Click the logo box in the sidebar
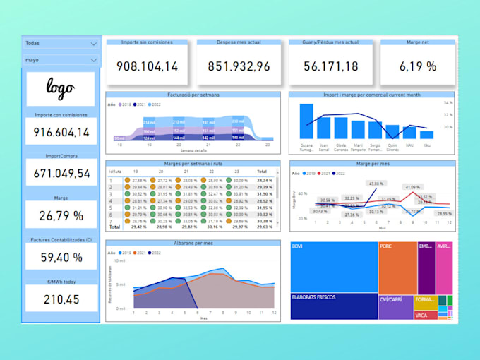pos(60,88)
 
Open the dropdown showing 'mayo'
pos(61,61)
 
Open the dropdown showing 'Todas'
pos(61,44)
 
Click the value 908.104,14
pos(148,66)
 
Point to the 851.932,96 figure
pos(239,66)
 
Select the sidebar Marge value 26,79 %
pos(60,215)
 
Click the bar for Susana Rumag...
pos(306,121)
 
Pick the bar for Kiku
pos(426,135)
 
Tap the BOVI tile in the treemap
pos(333,267)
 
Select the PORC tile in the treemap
pos(397,267)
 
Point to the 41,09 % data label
pos(412,187)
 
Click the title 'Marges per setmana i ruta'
pos(193,163)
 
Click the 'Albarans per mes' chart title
pos(193,243)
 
